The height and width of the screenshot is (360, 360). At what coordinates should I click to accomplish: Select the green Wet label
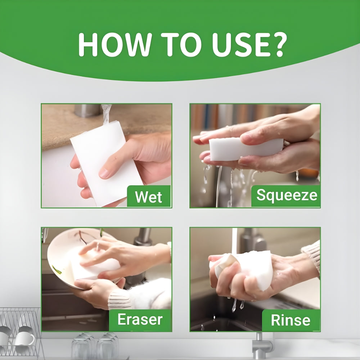[149, 197]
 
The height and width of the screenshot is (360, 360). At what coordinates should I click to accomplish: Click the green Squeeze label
[287, 195]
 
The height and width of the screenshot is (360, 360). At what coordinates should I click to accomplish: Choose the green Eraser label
[140, 319]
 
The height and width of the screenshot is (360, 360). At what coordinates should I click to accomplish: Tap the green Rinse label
[290, 320]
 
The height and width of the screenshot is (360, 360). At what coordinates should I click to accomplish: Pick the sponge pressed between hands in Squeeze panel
[245, 148]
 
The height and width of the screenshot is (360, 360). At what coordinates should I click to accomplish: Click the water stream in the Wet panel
[106, 113]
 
